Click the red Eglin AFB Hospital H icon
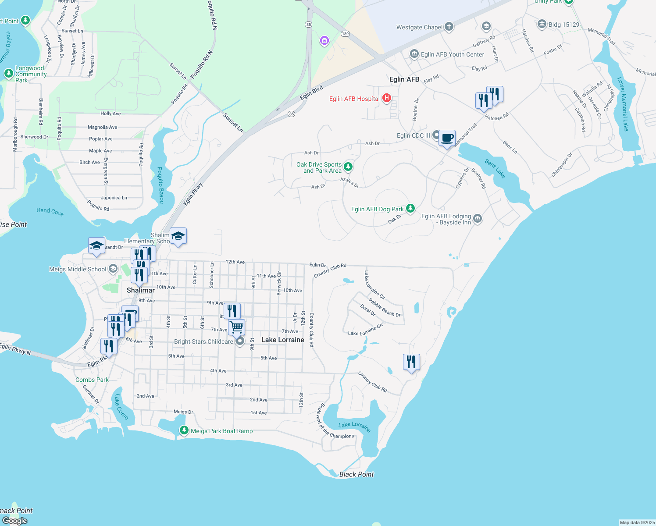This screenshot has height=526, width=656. click(386, 98)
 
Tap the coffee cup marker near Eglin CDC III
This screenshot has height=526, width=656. click(447, 138)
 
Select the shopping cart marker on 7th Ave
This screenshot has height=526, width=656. click(236, 327)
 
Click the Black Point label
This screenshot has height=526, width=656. click(357, 474)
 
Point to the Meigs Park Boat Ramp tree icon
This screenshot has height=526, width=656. click(184, 431)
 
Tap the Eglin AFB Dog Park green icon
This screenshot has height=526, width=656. click(410, 209)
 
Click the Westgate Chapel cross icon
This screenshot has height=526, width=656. click(449, 27)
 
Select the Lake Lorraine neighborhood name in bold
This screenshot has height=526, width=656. click(283, 340)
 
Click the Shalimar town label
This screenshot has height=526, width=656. click(141, 290)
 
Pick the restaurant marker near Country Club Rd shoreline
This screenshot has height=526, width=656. click(411, 362)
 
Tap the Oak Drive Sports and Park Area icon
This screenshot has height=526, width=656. click(348, 167)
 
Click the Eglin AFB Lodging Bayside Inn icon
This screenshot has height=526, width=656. click(478, 219)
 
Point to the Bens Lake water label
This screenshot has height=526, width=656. click(495, 169)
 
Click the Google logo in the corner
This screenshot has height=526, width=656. click(14, 520)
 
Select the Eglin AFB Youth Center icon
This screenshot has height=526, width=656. click(414, 54)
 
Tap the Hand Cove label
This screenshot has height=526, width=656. click(50, 212)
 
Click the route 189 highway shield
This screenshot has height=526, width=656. click(346, 34)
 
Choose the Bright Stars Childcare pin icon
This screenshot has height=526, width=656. click(240, 341)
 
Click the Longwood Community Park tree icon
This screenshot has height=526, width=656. click(9, 73)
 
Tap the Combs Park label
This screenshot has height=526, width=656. click(92, 380)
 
